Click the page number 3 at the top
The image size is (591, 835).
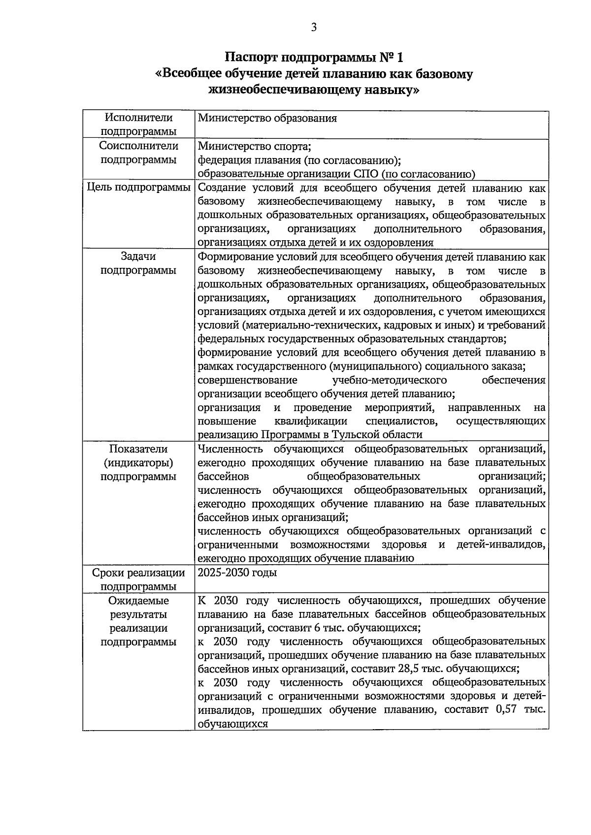coord(313,28)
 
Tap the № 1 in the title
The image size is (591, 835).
coord(392,58)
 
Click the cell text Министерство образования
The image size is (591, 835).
coord(267,118)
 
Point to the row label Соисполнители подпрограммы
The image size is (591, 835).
coord(138,153)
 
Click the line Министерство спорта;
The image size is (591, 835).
coord(254,146)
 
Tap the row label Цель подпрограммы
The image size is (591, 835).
coord(138,188)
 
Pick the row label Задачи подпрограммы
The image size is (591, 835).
coord(138,263)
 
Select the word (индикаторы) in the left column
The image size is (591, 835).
coord(138,463)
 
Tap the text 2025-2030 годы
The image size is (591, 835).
coord(237,573)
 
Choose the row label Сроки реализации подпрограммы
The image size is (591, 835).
coord(138,579)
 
